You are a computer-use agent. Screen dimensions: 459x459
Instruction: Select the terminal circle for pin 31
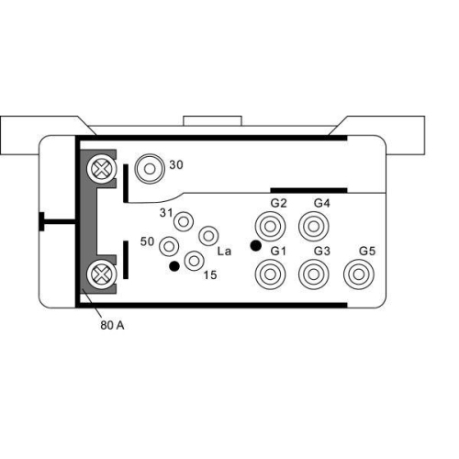[185, 221]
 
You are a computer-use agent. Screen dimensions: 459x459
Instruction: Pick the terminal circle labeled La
[208, 236]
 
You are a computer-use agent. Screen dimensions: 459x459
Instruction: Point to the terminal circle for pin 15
[194, 262]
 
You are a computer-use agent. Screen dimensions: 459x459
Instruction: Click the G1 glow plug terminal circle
[272, 273]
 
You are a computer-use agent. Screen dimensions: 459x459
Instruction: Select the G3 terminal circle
[315, 273]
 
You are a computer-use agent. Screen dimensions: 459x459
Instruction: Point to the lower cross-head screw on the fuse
[98, 273]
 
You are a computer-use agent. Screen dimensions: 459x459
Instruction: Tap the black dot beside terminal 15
[174, 267]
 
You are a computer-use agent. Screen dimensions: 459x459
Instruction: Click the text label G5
[367, 251]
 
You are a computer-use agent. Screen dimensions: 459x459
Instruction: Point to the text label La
[223, 250]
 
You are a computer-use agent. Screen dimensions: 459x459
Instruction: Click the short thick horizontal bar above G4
[308, 190]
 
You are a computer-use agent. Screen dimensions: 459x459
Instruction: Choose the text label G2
[279, 202]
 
